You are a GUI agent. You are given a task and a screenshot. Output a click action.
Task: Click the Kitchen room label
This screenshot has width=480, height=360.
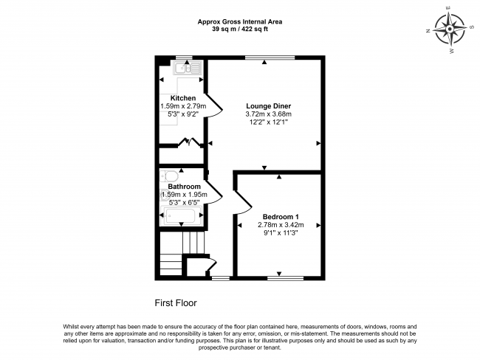point(183,98)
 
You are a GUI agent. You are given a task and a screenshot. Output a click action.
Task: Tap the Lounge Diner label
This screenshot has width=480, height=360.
point(269,106)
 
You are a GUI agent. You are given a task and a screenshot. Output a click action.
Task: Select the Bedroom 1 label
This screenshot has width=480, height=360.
point(281,217)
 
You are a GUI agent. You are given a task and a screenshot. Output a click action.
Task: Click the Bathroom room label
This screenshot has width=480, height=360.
point(185,187)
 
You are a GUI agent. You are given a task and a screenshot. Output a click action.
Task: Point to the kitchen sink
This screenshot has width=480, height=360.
point(187,68)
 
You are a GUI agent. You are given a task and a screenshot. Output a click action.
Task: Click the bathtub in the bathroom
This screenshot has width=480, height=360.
point(181,215)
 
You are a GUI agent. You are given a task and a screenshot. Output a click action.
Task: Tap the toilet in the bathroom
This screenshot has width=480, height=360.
point(169,176)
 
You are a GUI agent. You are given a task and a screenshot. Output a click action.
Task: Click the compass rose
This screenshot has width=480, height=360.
point(450,30)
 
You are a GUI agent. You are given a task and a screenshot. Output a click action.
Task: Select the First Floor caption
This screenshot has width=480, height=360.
point(176,303)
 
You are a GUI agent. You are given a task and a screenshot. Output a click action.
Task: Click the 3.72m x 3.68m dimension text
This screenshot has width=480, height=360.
point(269,114)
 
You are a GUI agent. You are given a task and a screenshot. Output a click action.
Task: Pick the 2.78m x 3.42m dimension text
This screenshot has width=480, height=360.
point(281,225)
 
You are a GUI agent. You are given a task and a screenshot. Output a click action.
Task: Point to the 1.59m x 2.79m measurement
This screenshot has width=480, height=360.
point(183,106)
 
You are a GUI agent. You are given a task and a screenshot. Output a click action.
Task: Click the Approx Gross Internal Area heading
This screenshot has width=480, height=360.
point(240,21)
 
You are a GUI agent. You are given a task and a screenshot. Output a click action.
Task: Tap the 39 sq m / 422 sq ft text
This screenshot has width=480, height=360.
point(240,30)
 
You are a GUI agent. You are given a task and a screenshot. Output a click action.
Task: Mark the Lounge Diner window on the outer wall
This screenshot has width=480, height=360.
point(270,58)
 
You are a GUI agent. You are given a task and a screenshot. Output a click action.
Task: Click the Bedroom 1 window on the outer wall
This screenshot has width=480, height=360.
point(285,278)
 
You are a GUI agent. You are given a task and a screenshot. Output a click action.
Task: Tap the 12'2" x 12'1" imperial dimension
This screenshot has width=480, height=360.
point(269,122)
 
